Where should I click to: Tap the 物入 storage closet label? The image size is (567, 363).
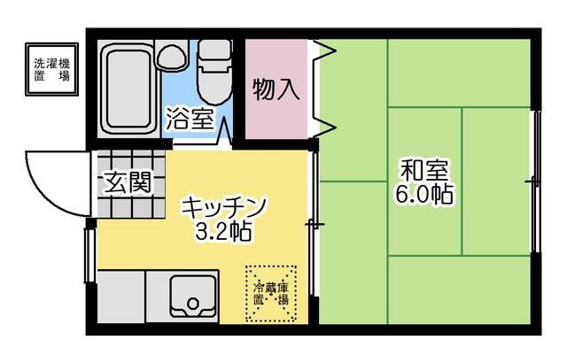pyautogui.click(x=276, y=89)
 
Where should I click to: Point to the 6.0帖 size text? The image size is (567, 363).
pyautogui.click(x=425, y=194)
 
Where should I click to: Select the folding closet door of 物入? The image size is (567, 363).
pyautogui.click(x=323, y=89)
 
